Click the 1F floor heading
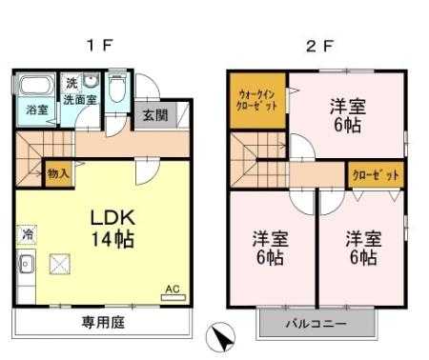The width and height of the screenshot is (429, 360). [x=99, y=47]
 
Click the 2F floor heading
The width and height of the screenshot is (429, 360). [x=319, y=47]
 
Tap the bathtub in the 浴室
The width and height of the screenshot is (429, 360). [x=35, y=84]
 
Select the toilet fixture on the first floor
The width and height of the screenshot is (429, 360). [x=117, y=88]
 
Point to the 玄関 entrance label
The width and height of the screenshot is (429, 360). [x=154, y=115]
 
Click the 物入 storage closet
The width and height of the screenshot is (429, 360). [x=58, y=174]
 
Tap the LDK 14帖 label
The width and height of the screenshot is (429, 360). [x=112, y=229]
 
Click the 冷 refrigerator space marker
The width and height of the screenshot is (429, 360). [x=28, y=234]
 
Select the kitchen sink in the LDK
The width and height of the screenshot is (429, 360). [x=27, y=264]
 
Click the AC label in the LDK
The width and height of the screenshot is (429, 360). [x=173, y=289]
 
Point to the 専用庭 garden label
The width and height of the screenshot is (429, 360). [x=104, y=322]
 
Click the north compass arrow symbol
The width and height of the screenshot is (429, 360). [x=221, y=337]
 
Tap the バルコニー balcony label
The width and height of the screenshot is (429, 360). [x=317, y=324]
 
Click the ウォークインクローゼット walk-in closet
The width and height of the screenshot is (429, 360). [x=257, y=101]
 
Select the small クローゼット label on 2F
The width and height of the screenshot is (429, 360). [x=376, y=175]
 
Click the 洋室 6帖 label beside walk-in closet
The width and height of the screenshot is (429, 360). [x=348, y=115]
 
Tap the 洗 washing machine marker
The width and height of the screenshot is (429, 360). [x=71, y=83]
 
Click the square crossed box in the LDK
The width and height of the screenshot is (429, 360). [x=59, y=264]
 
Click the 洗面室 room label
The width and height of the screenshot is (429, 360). [x=80, y=100]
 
